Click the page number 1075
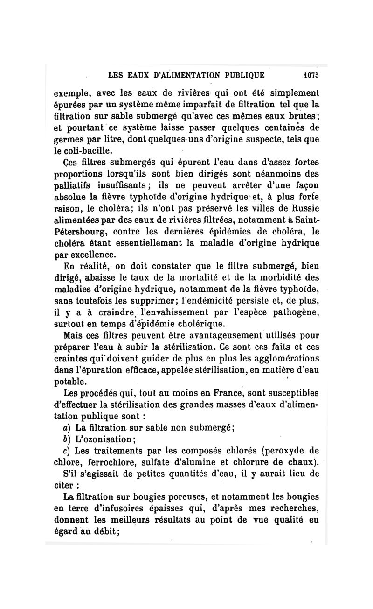tap(310, 75)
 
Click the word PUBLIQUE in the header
tap(242, 75)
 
